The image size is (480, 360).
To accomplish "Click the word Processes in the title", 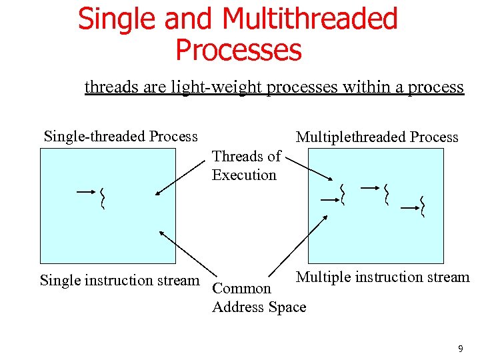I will (238, 50).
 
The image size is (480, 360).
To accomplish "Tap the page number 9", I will (460, 348).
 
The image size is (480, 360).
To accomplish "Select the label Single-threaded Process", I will (121, 137).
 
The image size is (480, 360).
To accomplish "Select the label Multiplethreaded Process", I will (377, 137).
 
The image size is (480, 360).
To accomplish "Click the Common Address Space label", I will (259, 298).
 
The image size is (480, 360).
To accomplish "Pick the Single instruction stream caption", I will (119, 280).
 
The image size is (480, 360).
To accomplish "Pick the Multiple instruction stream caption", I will (383, 277).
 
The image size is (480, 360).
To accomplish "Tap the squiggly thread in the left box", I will (102, 198).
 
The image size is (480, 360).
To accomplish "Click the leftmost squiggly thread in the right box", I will (343, 194).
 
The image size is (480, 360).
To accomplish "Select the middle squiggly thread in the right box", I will (386, 194).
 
